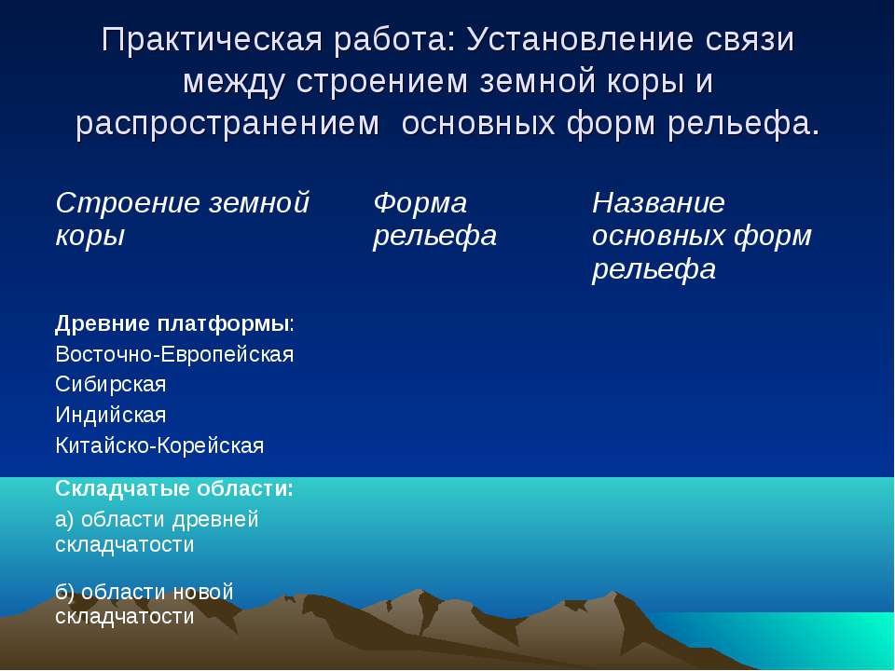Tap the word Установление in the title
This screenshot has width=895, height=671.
pyautogui.click(x=581, y=40)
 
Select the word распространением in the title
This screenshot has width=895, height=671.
pyautogui.click(x=227, y=124)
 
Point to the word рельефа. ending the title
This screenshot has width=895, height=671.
pyautogui.click(x=744, y=123)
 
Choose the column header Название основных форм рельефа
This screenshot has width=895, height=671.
pyautogui.click(x=701, y=236)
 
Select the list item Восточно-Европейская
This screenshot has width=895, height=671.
pyautogui.click(x=174, y=354)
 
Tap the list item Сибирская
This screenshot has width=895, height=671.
pyautogui.click(x=111, y=384)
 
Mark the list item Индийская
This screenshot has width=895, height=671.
pyautogui.click(x=111, y=415)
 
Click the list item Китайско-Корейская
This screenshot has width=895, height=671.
pyautogui.click(x=159, y=445)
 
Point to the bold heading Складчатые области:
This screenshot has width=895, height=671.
pyautogui.click(x=174, y=489)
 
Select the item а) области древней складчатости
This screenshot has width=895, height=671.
pyautogui.click(x=157, y=532)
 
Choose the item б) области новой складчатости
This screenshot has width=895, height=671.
pyautogui.click(x=145, y=604)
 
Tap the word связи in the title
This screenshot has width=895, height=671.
pyautogui.click(x=750, y=41)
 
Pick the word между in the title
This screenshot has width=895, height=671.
pyautogui.click(x=233, y=83)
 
